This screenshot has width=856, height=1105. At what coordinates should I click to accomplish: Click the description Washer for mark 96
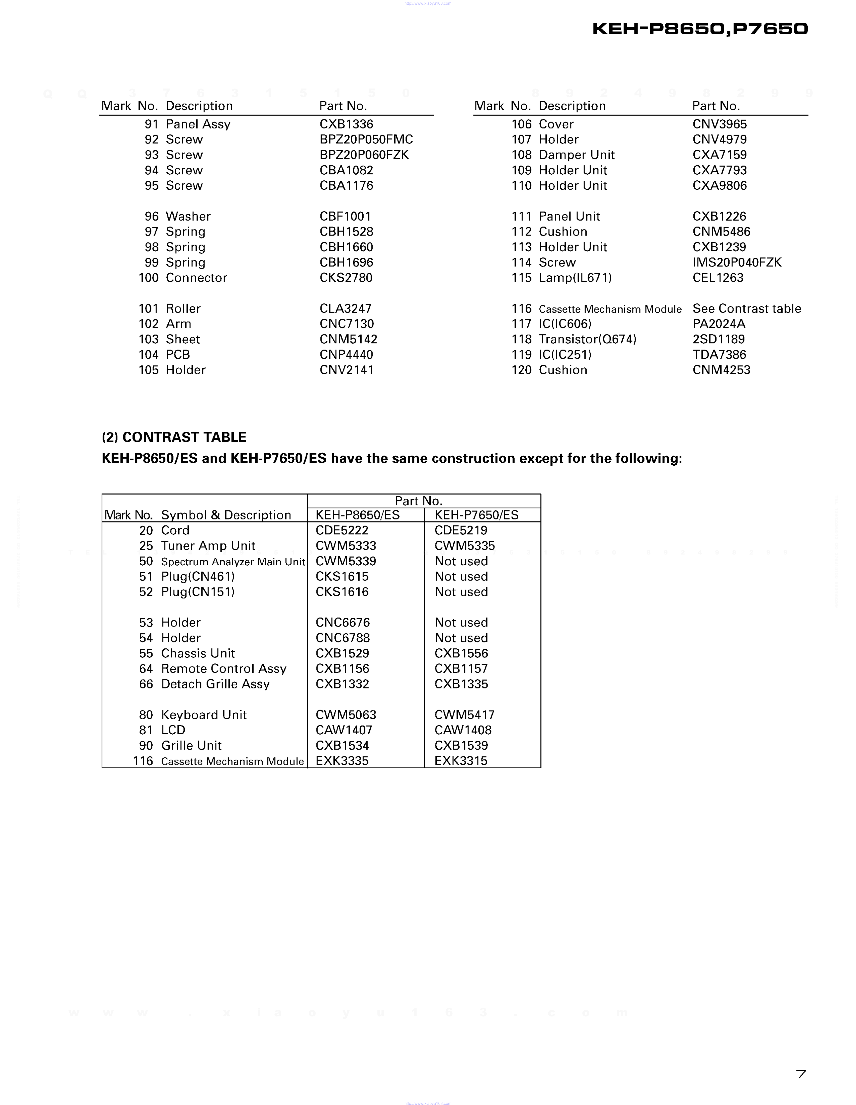[x=188, y=217]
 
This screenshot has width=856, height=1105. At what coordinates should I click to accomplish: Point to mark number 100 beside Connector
[x=148, y=278]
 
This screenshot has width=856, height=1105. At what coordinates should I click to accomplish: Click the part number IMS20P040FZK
[x=736, y=263]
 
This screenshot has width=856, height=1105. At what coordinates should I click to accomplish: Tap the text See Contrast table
[x=746, y=309]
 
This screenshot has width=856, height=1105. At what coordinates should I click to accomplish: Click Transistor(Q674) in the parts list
[x=587, y=340]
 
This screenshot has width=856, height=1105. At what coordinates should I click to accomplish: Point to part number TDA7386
[x=719, y=355]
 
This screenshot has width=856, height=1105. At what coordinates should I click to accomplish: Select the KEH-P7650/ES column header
[x=476, y=515]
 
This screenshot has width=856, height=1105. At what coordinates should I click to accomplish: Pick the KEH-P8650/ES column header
[x=357, y=515]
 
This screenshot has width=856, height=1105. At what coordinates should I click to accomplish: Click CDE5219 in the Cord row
[x=461, y=530]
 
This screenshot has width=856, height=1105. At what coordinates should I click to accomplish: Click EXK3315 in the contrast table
[x=461, y=761]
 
